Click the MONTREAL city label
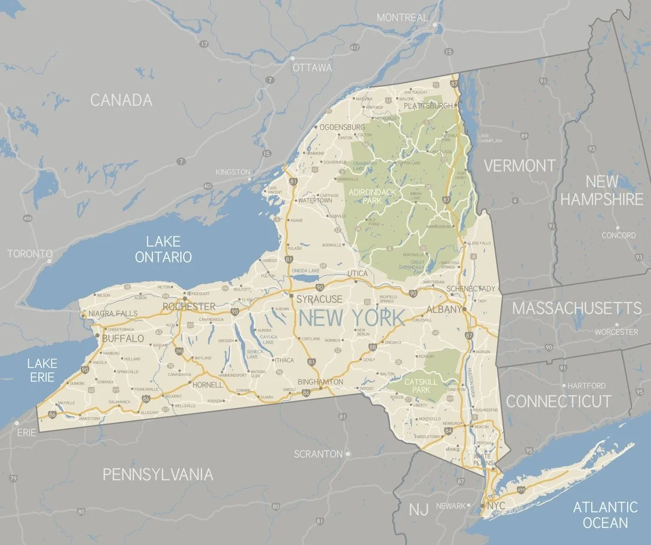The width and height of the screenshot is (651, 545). click(x=403, y=17)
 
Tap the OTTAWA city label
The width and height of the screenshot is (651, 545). click(x=312, y=67)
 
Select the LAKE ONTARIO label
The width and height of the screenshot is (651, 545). click(x=163, y=249)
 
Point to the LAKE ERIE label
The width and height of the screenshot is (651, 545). click(x=42, y=371)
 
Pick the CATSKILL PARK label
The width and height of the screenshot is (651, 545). click(x=421, y=385)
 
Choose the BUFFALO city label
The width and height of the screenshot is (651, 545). click(x=123, y=338)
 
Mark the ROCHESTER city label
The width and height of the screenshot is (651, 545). click(x=189, y=307)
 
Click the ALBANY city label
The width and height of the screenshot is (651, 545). click(x=444, y=309)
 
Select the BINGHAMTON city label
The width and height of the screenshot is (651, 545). click(x=321, y=382)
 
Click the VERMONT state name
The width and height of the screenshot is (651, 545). click(x=520, y=166)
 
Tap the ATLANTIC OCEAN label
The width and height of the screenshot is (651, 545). click(x=605, y=515)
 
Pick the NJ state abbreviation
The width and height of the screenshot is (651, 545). click(x=418, y=510)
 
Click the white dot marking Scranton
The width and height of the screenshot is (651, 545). click(x=348, y=454)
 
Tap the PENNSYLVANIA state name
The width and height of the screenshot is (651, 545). click(x=158, y=474)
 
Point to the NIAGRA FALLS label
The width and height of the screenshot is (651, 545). click(x=113, y=314)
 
